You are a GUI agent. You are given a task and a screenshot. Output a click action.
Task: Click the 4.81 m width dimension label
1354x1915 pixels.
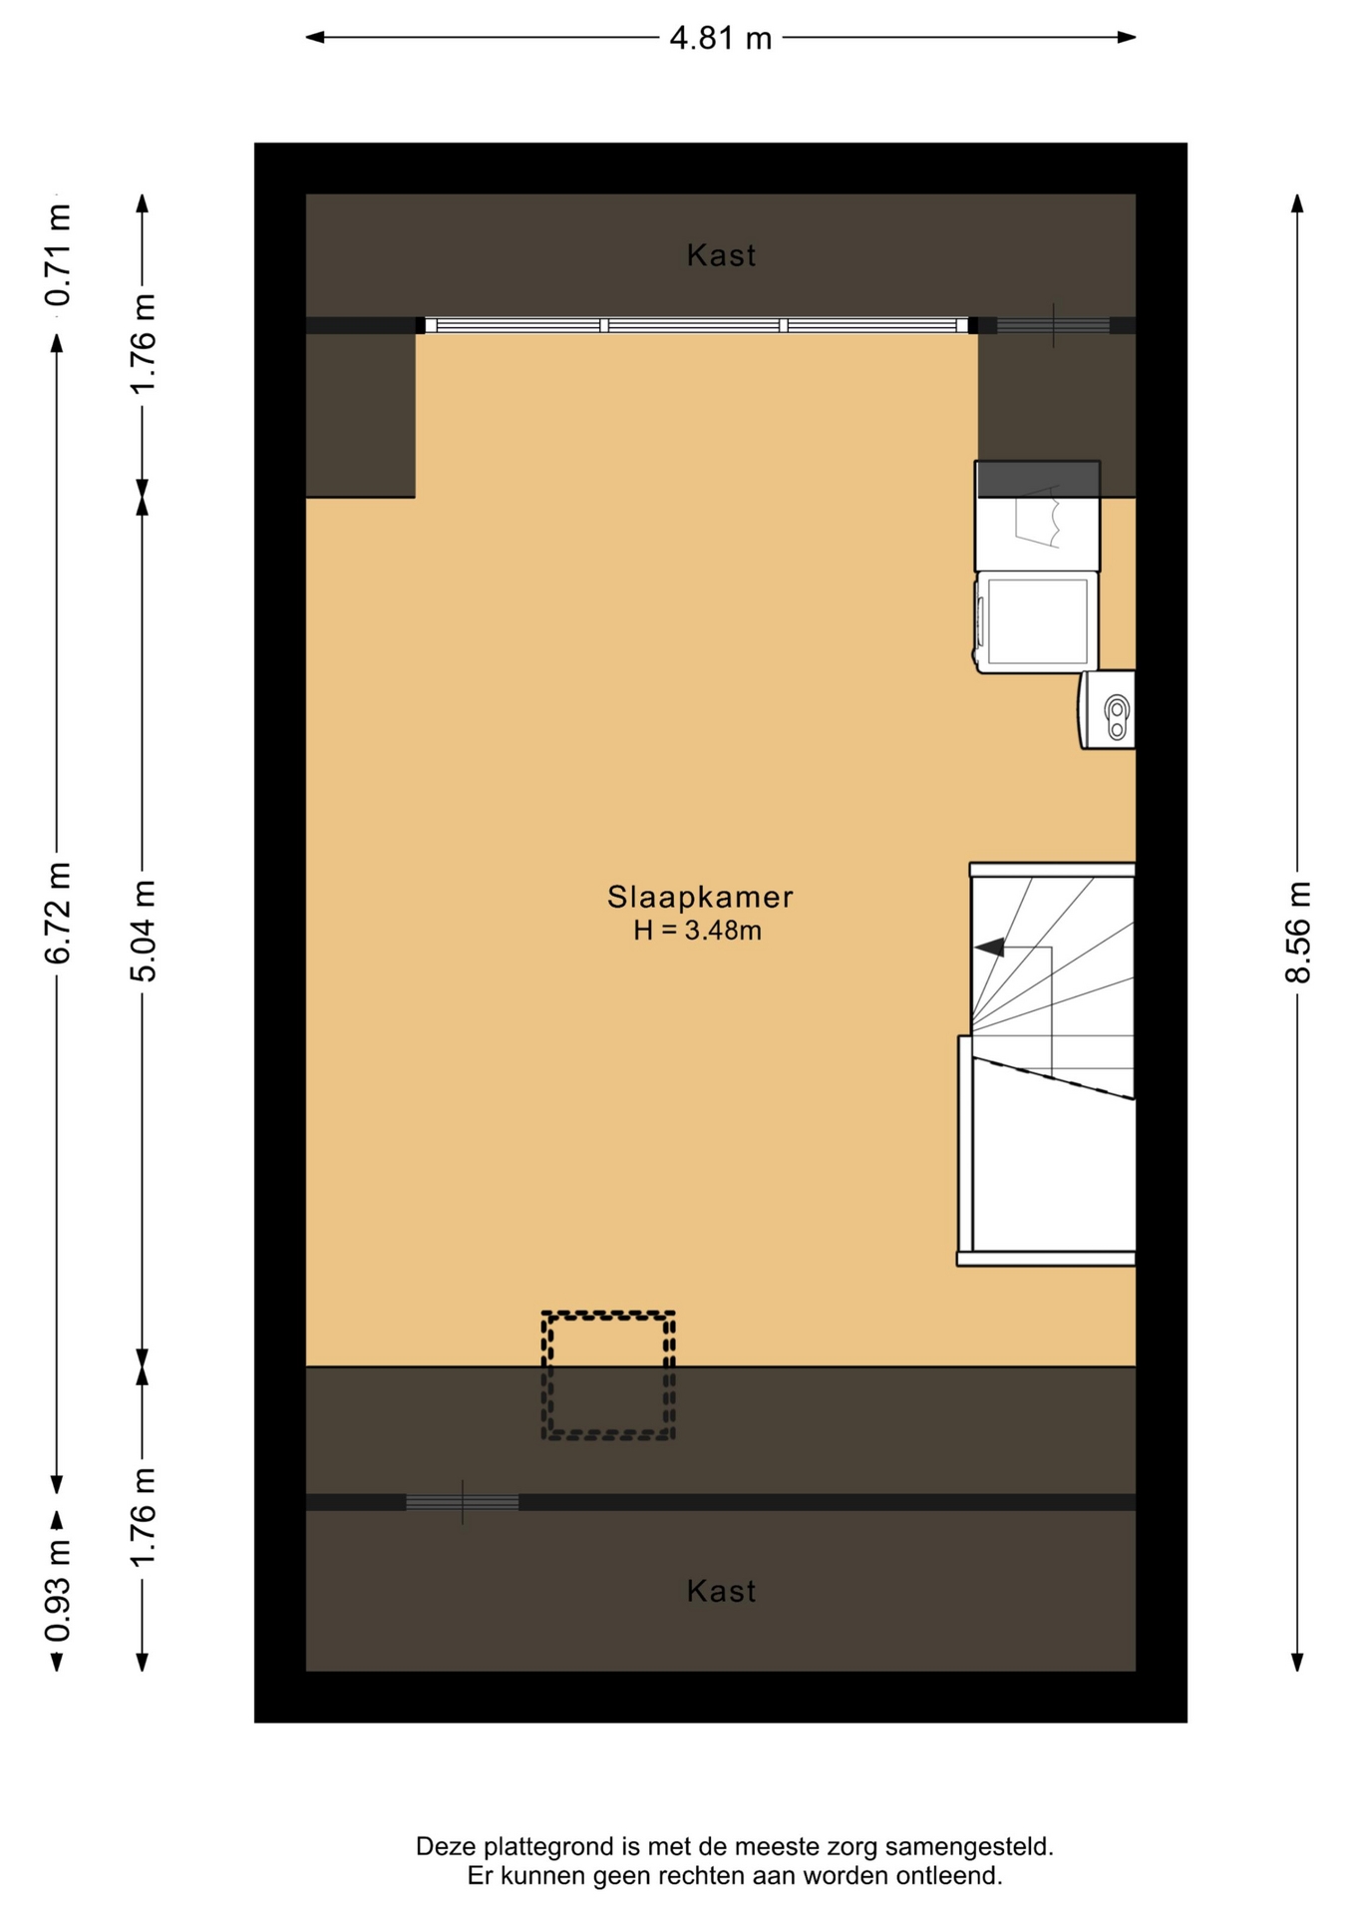[x=720, y=38]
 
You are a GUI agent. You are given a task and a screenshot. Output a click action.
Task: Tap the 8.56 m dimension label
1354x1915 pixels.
[x=1297, y=932]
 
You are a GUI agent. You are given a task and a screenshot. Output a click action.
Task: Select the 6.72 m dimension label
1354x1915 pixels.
[x=58, y=913]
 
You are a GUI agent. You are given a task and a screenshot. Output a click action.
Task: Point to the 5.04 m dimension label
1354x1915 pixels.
[x=143, y=931]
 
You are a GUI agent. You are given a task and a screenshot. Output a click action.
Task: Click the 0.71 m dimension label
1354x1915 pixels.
[x=58, y=254]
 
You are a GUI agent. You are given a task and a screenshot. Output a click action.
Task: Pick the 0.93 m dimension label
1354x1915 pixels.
[x=58, y=1590]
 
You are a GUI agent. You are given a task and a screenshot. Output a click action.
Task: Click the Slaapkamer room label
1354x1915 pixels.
[x=700, y=897]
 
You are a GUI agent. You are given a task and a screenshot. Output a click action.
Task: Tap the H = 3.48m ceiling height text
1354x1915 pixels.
[x=698, y=931]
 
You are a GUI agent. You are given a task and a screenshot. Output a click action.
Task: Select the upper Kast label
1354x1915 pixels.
[x=721, y=255]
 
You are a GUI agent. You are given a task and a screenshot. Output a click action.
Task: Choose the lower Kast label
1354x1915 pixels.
[x=721, y=1591]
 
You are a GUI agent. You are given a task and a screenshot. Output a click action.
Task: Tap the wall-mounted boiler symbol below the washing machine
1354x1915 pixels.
[x=1107, y=709]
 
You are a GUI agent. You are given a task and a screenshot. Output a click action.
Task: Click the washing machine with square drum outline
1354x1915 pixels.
[x=1036, y=621]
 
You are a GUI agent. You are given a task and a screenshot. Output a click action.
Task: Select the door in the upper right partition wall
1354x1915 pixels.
[x=1053, y=325]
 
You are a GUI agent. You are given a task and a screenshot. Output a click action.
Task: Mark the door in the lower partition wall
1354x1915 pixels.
[x=463, y=1502]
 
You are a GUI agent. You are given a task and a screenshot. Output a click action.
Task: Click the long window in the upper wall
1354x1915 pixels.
[x=696, y=325]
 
